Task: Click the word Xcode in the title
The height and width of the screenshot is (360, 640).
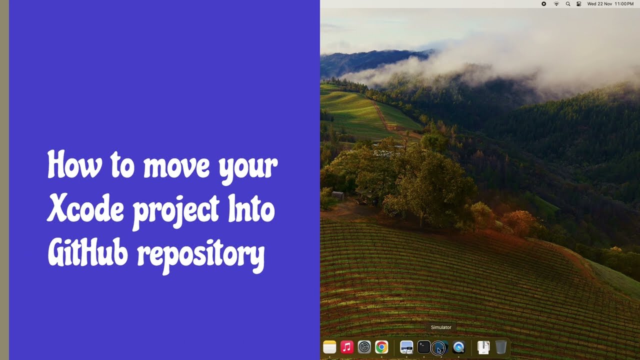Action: pyautogui.click(x=85, y=209)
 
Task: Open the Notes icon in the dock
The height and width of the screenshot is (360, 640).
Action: pyautogui.click(x=329, y=347)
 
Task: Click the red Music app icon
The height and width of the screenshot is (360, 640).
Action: pyautogui.click(x=347, y=347)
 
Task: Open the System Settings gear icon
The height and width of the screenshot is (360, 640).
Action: pyautogui.click(x=364, y=347)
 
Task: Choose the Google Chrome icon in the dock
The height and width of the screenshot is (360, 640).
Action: pyautogui.click(x=382, y=347)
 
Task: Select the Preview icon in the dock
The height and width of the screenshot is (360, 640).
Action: pyautogui.click(x=406, y=347)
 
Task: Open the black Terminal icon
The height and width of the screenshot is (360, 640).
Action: pyautogui.click(x=424, y=347)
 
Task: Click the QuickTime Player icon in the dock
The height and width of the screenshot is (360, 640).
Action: pyautogui.click(x=458, y=347)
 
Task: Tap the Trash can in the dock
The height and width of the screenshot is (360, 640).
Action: pyautogui.click(x=501, y=347)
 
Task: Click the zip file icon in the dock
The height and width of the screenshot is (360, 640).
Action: pyautogui.click(x=483, y=347)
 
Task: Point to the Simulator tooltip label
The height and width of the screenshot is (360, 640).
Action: pyautogui.click(x=441, y=327)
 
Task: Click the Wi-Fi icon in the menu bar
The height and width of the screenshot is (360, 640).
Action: pyautogui.click(x=556, y=4)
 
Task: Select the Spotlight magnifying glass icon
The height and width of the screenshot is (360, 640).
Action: pyautogui.click(x=567, y=4)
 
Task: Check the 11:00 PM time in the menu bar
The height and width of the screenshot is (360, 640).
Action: pyautogui.click(x=624, y=4)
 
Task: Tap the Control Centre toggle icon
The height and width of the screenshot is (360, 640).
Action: pyautogui.click(x=579, y=4)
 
